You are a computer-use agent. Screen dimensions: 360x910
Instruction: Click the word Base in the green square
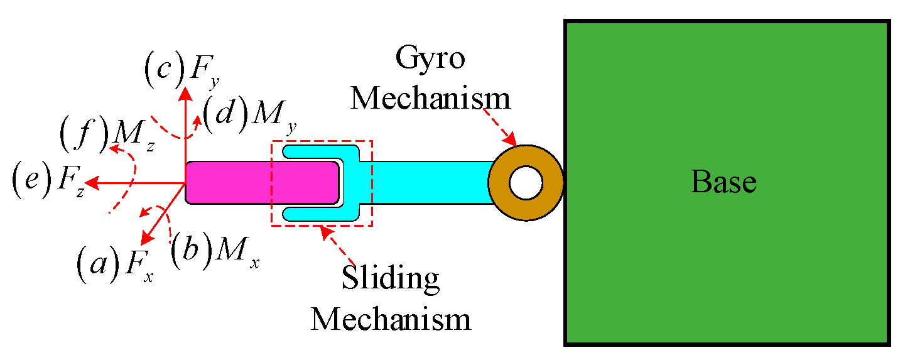point(723,182)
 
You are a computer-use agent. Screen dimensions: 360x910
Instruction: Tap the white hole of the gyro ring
point(525,182)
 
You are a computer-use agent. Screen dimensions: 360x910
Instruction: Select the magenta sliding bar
point(261,182)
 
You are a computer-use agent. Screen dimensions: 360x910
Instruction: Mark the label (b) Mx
point(214,252)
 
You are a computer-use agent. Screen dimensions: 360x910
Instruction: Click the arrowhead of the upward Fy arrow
point(185,94)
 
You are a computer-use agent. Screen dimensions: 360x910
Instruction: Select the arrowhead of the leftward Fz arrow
point(91,183)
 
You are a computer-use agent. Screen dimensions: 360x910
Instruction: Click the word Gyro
point(430,60)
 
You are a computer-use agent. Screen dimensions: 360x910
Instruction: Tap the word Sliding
point(390,278)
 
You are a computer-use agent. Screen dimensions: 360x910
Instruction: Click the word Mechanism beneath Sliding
point(390,319)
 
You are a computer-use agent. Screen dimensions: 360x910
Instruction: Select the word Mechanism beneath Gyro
point(430,99)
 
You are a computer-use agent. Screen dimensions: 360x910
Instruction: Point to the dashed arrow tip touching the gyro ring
point(514,140)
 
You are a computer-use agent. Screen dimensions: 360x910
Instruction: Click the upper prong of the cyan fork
point(314,151)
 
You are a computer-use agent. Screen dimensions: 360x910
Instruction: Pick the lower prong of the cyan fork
point(314,214)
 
